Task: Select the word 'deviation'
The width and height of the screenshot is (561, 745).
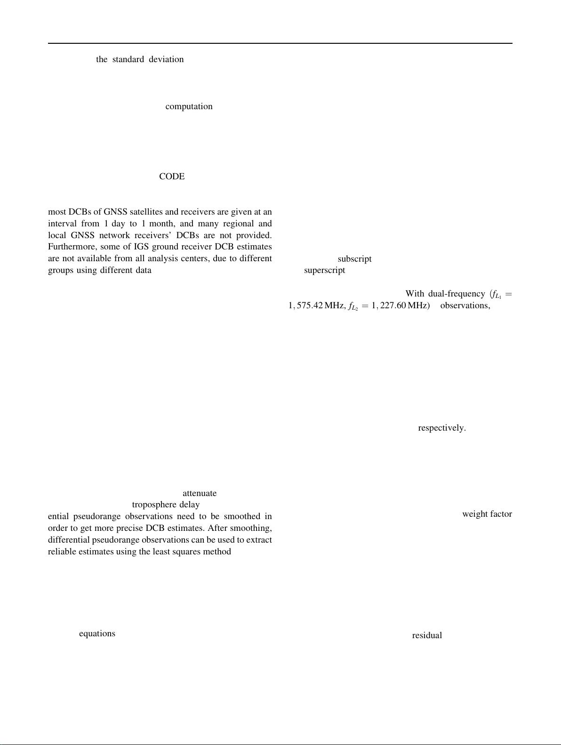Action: point(166,59)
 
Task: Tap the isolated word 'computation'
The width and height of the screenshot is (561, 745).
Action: point(189,106)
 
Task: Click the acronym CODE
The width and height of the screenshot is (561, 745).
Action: point(172,176)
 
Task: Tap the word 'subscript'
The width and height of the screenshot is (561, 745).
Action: point(354,259)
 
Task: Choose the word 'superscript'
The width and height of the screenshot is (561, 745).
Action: point(324,271)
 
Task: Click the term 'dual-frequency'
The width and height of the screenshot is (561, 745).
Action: point(456,294)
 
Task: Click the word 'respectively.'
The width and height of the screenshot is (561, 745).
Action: point(442,428)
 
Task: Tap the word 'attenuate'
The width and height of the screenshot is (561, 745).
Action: point(200,493)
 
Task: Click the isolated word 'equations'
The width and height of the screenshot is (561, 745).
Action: point(97,633)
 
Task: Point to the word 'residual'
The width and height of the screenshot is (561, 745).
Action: point(427,635)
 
